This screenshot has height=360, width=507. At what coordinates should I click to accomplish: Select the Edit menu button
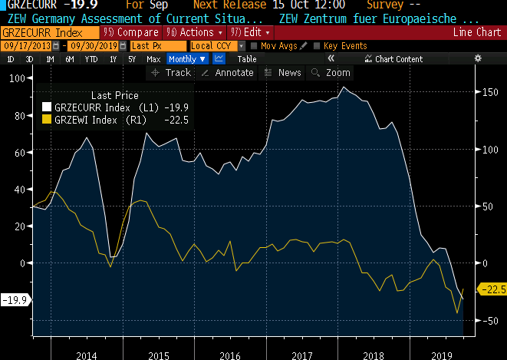point(245,32)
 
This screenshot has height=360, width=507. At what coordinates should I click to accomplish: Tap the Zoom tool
point(331,73)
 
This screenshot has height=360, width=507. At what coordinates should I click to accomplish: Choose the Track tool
point(171,73)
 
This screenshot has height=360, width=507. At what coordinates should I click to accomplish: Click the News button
point(282,73)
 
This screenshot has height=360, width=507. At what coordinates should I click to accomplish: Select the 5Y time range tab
point(132,59)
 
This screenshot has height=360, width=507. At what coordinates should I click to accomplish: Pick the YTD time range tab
point(91,59)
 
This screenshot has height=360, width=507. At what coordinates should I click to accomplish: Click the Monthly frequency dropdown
point(187,59)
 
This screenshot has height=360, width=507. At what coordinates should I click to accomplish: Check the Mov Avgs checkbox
point(255,46)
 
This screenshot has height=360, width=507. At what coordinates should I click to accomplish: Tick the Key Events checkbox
point(318,46)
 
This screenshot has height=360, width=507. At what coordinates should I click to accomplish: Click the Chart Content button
point(393,59)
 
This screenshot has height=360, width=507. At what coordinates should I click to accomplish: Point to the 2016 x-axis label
point(230,355)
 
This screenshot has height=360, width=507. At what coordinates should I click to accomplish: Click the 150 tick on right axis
point(487,92)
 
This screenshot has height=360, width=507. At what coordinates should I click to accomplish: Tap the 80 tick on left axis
point(15,116)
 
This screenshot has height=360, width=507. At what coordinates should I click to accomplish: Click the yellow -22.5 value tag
point(492,289)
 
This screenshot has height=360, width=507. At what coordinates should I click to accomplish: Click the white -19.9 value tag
point(15,299)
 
